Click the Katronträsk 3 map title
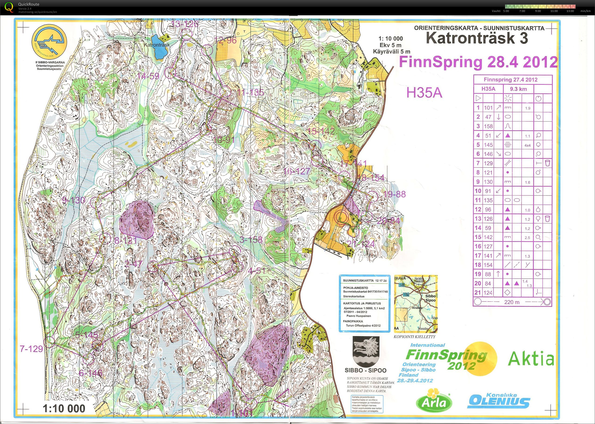pos(477,38)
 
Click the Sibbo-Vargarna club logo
pos(49,42)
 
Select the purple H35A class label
pos(424,93)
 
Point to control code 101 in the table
pos(488,108)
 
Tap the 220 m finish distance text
pos(512,302)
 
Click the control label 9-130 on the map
pos(74,201)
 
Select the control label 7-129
pos(31,349)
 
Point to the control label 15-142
pos(321,131)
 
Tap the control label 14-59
pos(148,76)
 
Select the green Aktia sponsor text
pos(531,359)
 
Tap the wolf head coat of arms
pos(366,351)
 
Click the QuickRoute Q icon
pos(9,7)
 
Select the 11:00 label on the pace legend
pos(554,11)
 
